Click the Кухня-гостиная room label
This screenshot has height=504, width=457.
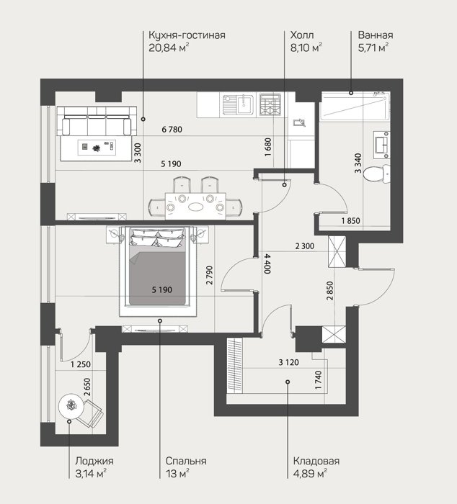(x=187, y=35)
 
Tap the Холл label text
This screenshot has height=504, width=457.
(x=302, y=35)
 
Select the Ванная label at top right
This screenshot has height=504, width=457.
(x=376, y=35)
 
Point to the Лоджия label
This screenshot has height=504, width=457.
(x=94, y=461)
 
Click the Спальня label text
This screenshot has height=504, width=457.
(x=186, y=461)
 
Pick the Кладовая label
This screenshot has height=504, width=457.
(x=316, y=461)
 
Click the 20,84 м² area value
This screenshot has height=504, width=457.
(x=169, y=48)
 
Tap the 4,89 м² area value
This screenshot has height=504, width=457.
(x=310, y=474)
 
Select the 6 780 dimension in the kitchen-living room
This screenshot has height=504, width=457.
(x=172, y=130)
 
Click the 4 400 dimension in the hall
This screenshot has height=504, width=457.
(x=267, y=264)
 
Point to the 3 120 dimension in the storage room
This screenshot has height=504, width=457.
(x=288, y=363)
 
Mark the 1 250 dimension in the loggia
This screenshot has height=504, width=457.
(x=81, y=364)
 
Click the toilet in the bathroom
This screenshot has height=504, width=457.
(x=376, y=174)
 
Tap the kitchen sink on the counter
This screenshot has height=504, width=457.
(x=238, y=104)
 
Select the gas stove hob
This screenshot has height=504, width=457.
(x=270, y=104)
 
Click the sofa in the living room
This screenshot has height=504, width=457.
(x=97, y=122)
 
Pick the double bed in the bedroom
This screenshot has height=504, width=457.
(x=158, y=267)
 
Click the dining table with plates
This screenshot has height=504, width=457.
(x=195, y=206)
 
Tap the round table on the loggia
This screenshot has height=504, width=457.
(x=71, y=405)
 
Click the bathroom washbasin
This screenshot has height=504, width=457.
(x=382, y=145)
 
